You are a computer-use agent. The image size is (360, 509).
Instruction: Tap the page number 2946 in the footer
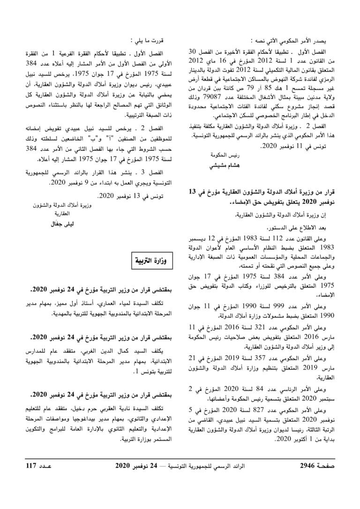(312, 492)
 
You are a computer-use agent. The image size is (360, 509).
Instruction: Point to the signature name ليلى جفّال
(63, 224)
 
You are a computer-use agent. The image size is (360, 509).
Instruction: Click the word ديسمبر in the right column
(206, 238)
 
